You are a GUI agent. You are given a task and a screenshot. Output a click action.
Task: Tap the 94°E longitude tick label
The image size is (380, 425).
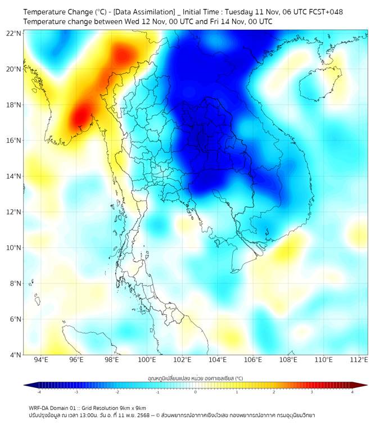tap(41, 360)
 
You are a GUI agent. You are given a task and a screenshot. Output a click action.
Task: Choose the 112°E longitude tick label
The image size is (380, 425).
tap(359, 360)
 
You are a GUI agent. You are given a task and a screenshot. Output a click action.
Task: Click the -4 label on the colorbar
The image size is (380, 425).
tap(38, 392)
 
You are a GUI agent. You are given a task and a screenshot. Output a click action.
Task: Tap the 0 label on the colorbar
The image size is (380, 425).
tap(196, 392)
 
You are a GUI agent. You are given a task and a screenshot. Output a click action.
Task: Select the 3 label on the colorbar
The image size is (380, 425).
tap(313, 392)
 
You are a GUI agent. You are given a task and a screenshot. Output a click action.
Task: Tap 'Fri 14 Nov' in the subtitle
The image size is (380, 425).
tap(211, 21)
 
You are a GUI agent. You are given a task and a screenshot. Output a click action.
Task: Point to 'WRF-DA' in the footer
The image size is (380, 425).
tap(39, 408)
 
